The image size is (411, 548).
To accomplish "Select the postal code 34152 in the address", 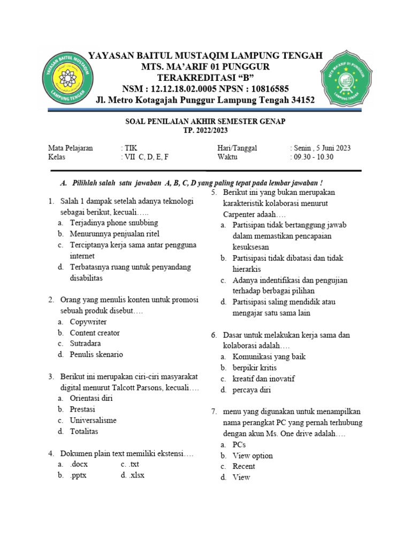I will [x=301, y=100].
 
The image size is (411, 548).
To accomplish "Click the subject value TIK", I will [x=130, y=148].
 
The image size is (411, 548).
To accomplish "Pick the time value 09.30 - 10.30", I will [x=313, y=157].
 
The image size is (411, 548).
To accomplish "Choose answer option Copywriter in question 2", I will [x=88, y=322].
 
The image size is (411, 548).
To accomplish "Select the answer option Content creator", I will [x=95, y=332].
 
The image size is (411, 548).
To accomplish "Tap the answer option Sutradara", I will [x=85, y=343].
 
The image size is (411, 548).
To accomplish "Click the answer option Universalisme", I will [x=93, y=420].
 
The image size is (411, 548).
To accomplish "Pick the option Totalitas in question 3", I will [x=84, y=431].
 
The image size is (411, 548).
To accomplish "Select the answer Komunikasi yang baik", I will [x=269, y=356].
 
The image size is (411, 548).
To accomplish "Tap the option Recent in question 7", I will [x=243, y=466].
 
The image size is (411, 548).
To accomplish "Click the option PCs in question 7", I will [x=239, y=445].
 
